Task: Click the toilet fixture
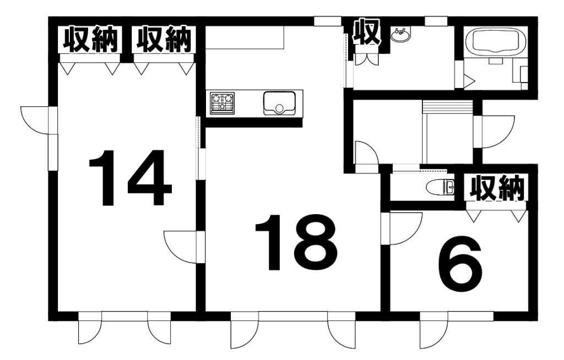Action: [442, 188]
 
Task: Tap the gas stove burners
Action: [223, 103]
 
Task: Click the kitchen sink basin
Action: [279, 103]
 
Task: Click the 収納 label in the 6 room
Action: [496, 189]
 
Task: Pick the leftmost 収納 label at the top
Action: [90, 40]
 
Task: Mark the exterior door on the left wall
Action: [35, 120]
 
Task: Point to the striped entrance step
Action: [447, 106]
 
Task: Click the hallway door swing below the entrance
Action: [366, 154]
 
